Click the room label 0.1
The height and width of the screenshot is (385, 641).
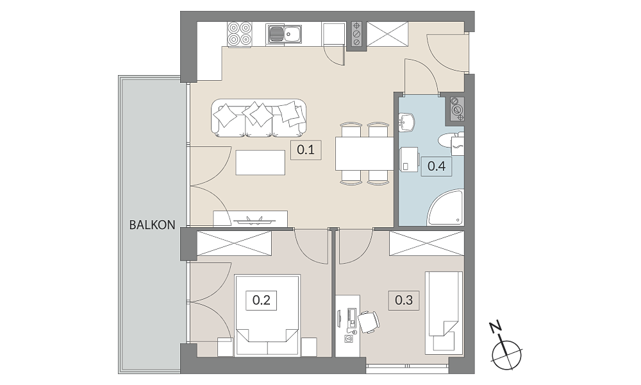pos(306,150)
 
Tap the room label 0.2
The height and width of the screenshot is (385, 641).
pos(262,300)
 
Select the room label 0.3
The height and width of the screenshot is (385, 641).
pos(404,300)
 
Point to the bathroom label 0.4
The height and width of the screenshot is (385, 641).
pos(436,166)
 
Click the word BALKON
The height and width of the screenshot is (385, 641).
pos(152,225)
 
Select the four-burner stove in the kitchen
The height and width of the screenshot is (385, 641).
pos(239,33)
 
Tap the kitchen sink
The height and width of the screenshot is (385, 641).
pos(285,33)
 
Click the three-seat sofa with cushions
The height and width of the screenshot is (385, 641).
pos(259,118)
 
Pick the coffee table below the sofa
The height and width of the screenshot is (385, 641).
pos(260,162)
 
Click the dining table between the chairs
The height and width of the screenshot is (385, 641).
pos(365,153)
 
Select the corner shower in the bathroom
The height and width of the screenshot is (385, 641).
pos(445,207)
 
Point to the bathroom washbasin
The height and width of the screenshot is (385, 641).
pos(407,123)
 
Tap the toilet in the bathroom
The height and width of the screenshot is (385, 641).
pos(451,141)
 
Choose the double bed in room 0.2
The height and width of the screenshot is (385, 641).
pos(267,314)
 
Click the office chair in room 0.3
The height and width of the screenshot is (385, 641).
pos(369,321)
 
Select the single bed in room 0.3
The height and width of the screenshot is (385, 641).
pos(444,312)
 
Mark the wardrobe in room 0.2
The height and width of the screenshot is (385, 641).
pos(234,243)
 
